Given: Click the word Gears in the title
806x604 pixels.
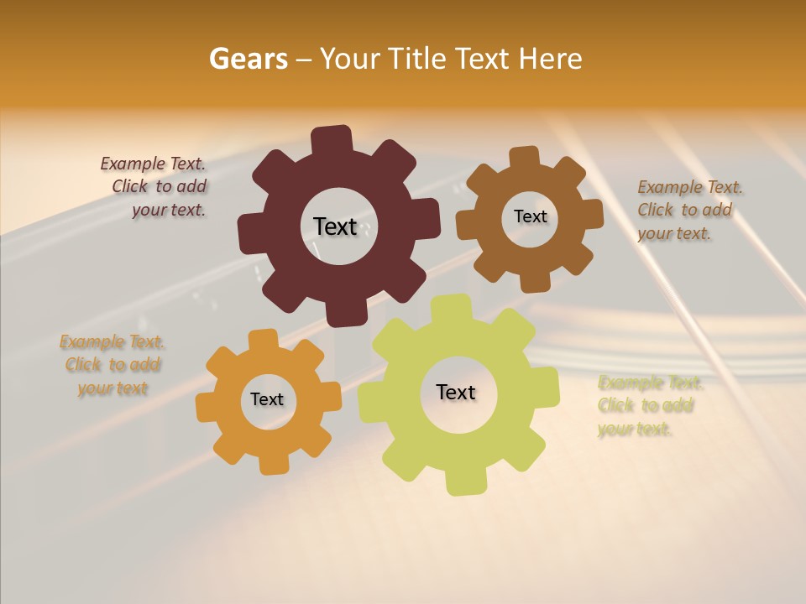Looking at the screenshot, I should tap(248, 59).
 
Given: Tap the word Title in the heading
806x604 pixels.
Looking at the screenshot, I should tap(421, 59).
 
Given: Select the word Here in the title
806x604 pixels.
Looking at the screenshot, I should tap(551, 59).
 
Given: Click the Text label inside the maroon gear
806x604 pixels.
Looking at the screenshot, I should tap(336, 226).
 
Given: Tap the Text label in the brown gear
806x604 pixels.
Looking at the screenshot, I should tap(530, 216).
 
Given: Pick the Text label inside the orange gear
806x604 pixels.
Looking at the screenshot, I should tap(267, 399).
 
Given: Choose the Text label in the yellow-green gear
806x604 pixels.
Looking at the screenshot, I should tap(456, 392).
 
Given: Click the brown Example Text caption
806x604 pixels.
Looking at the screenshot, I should tap(686, 210).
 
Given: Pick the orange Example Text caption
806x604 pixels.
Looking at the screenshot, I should tap(112, 365).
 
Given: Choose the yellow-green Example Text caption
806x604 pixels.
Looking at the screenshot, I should tap(648, 406).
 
